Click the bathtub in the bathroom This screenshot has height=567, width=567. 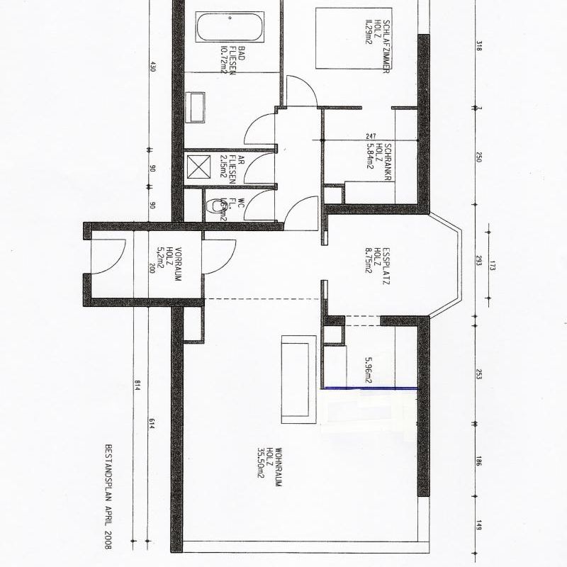pos(230,28)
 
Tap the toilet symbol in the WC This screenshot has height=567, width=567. pos(215,207)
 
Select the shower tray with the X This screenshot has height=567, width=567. pos(195,168)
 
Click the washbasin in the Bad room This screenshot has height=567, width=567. pos(195,107)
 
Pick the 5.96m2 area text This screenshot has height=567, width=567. pos(369,370)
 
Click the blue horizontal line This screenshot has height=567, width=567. pos(369,388)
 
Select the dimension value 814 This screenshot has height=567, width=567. pos(135,386)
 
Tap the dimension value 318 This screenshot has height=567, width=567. pos(480,47)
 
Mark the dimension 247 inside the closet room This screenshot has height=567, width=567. pos(370,136)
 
